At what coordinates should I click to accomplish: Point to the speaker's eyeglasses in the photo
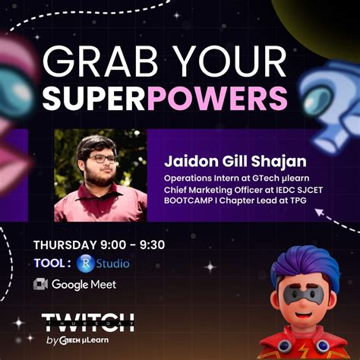click(102, 159)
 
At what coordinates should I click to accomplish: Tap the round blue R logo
click(86, 264)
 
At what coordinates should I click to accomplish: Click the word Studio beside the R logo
click(112, 264)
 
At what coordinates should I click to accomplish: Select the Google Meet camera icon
click(41, 285)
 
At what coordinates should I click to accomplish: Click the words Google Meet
click(84, 285)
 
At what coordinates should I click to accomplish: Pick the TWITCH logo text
click(87, 322)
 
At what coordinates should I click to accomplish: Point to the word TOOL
click(52, 264)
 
